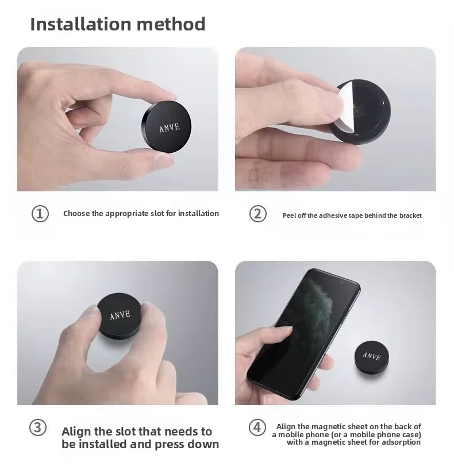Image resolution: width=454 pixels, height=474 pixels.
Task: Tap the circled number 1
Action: (39, 214)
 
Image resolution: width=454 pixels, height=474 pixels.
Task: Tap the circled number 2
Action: (257, 214)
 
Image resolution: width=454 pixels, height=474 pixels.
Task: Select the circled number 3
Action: (38, 427)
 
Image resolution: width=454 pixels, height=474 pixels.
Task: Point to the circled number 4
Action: (257, 427)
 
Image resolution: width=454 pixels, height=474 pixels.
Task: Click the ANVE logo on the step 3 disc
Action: (120, 315)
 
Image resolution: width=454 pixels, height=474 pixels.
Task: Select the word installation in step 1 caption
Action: (198, 214)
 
